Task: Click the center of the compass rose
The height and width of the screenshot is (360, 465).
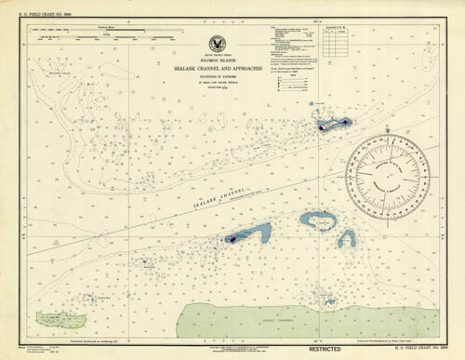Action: (388, 171)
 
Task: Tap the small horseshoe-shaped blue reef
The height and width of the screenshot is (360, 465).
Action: (346, 238)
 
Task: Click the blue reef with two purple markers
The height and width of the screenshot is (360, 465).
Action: (332, 124)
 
